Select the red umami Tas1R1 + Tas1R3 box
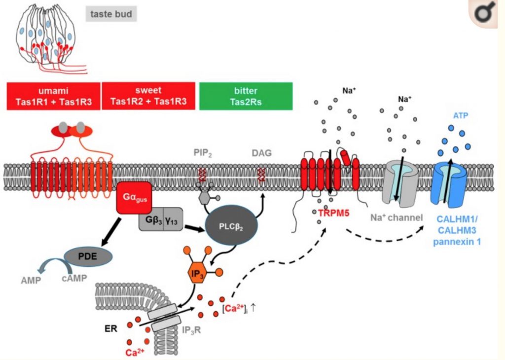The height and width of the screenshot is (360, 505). tap(53, 96)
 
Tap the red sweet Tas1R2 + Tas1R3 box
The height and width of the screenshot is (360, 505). tap(147, 96)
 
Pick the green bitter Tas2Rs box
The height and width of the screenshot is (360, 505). tap(246, 96)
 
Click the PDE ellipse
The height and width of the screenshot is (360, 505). tap(88, 256)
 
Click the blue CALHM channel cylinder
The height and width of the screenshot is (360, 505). tap(450, 182)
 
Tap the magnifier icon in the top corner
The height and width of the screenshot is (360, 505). tap(485, 14)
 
